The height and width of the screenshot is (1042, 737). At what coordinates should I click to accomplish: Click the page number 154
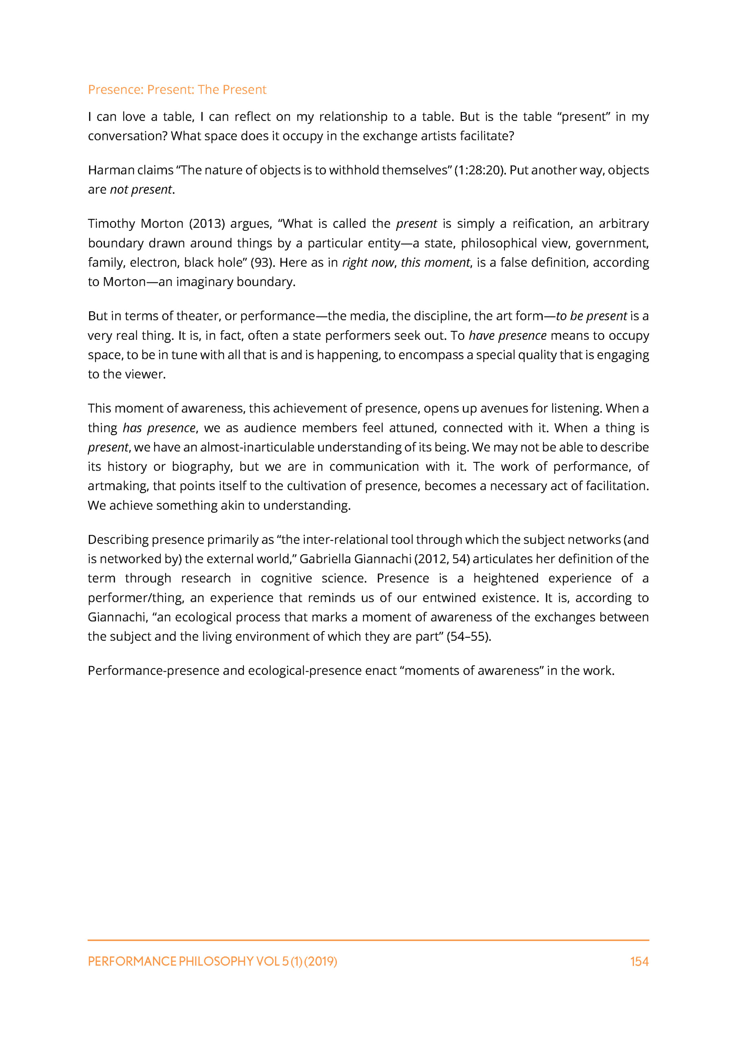(x=639, y=962)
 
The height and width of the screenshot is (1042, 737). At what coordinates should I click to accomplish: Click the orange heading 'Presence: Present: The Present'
(x=177, y=90)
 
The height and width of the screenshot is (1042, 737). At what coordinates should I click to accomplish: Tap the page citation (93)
(x=261, y=263)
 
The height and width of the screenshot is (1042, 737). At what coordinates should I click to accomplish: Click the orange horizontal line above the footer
(x=368, y=940)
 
